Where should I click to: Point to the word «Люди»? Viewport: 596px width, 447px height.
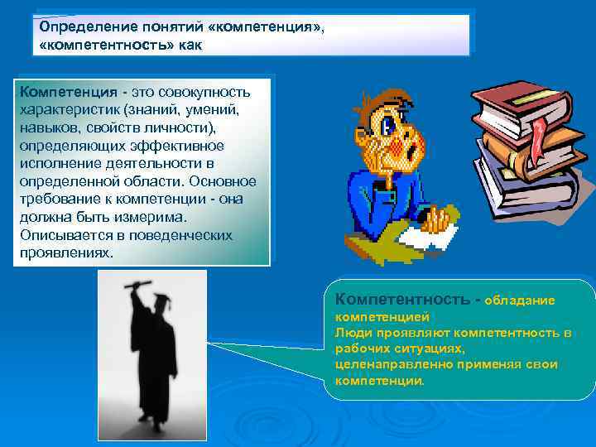[x=352, y=332]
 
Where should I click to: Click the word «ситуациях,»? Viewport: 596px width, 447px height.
[x=429, y=348]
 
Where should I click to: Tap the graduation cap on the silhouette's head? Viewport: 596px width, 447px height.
[x=161, y=302]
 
